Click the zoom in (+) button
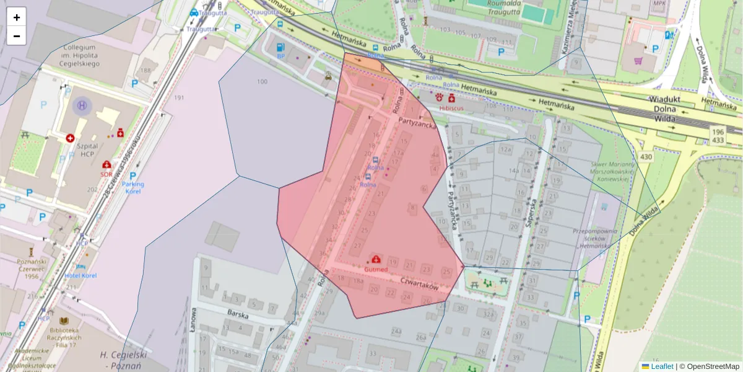[17, 17]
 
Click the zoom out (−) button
[17, 36]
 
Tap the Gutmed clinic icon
[376, 259]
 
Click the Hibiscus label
[451, 108]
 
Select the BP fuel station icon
[280, 47]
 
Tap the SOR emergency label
[106, 174]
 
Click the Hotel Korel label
[80, 275]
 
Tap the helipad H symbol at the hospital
[82, 105]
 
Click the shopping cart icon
[638, 61]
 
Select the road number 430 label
[646, 157]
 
